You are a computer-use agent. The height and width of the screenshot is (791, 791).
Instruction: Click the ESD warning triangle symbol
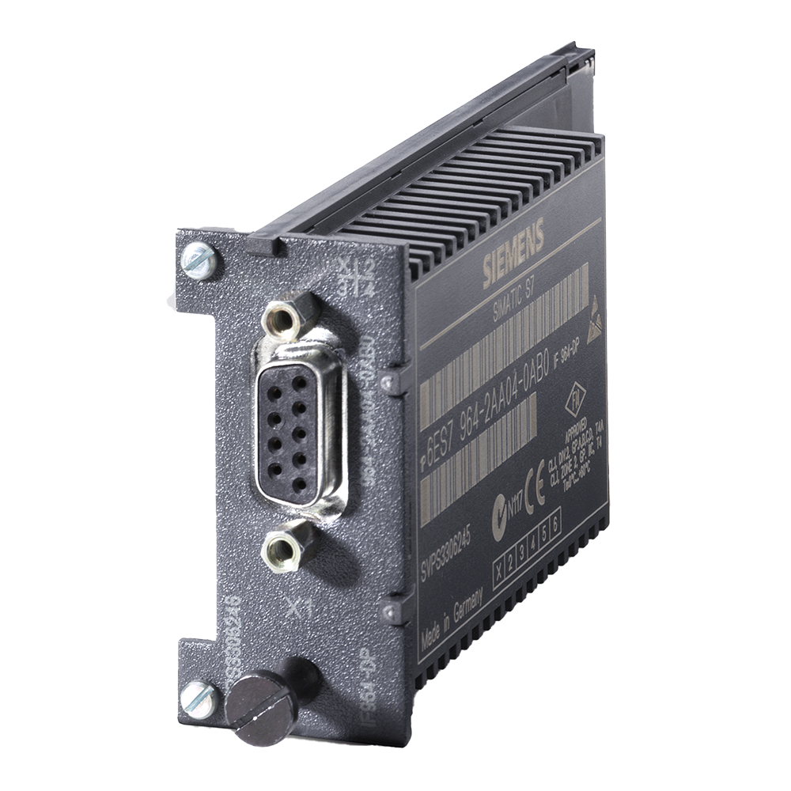594,307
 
